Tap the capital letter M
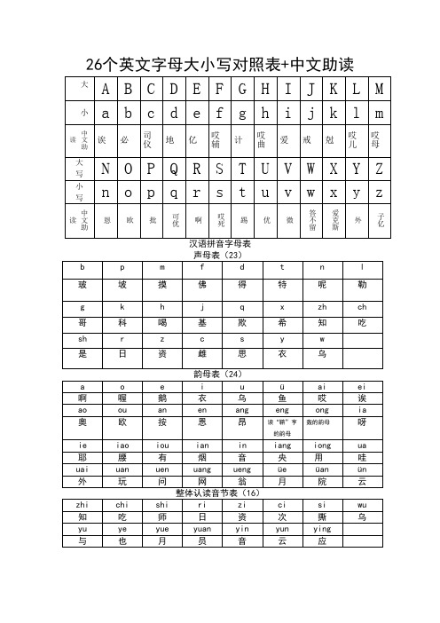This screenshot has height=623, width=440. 379,90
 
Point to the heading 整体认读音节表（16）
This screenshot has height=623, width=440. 220,491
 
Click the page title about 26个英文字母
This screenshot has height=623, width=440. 219,64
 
